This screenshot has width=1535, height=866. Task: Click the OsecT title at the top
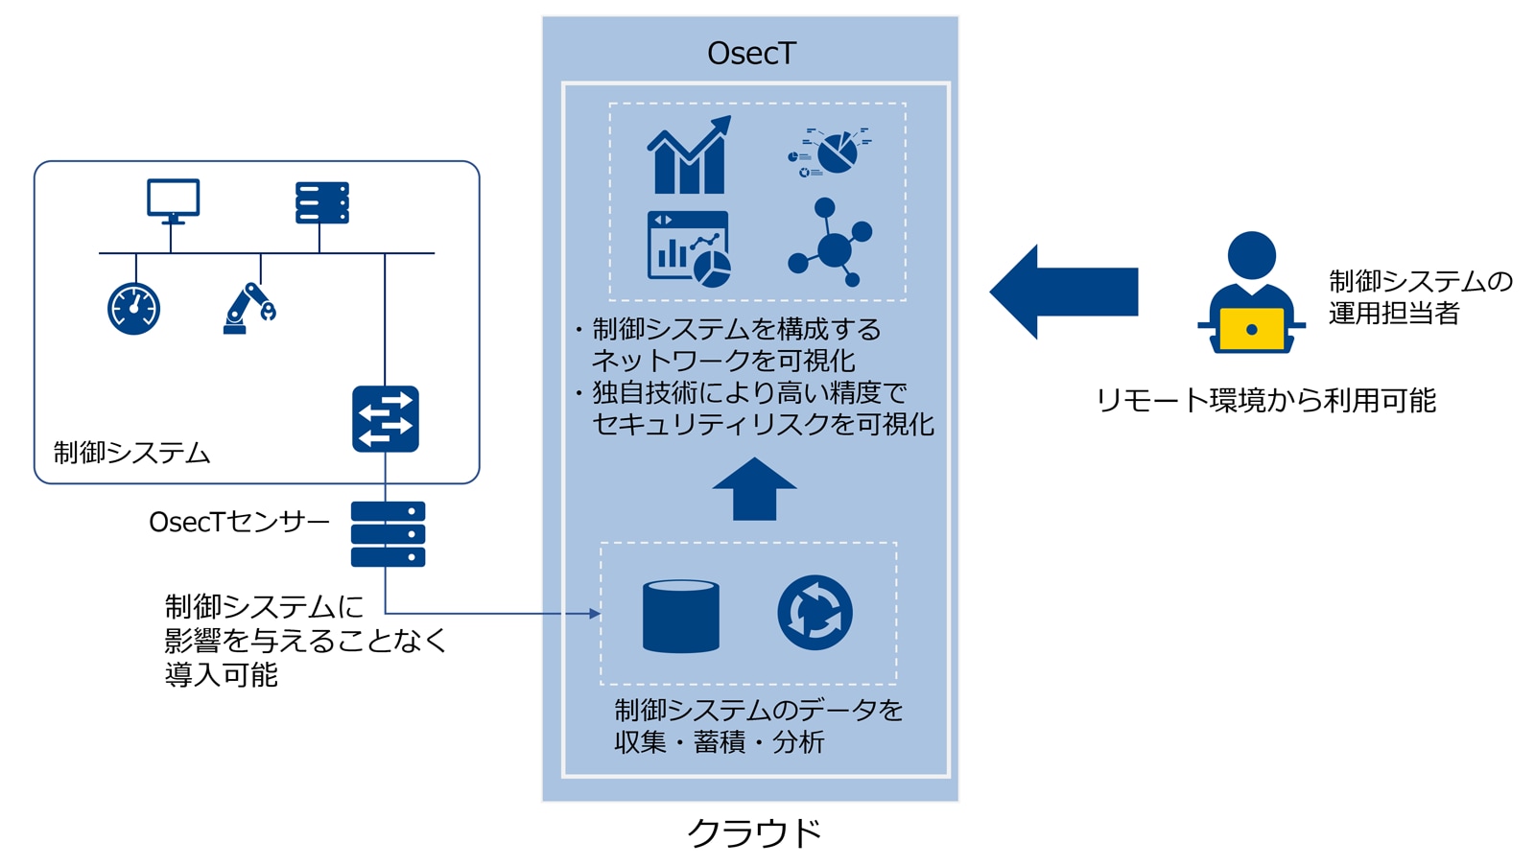pyautogui.click(x=751, y=53)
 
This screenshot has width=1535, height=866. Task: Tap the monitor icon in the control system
pyautogui.click(x=173, y=200)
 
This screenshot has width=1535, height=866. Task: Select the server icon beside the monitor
pyautogui.click(x=321, y=203)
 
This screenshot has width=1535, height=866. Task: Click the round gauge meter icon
pyautogui.click(x=133, y=309)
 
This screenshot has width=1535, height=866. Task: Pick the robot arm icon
pyautogui.click(x=248, y=309)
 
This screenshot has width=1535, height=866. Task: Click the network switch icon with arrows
pyautogui.click(x=386, y=419)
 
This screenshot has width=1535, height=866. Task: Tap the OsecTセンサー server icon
pyautogui.click(x=388, y=534)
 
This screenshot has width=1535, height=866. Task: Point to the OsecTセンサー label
pyautogui.click(x=239, y=522)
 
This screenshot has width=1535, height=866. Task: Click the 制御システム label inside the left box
pyautogui.click(x=131, y=453)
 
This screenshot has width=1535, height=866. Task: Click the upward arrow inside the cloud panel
pyautogui.click(x=754, y=489)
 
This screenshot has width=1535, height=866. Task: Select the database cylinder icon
pyautogui.click(x=680, y=616)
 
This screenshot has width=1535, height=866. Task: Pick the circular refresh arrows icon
pyautogui.click(x=815, y=613)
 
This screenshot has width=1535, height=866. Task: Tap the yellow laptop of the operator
pyautogui.click(x=1251, y=329)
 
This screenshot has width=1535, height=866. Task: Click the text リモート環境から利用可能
pyautogui.click(x=1265, y=400)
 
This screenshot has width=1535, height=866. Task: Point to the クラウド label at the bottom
pyautogui.click(x=755, y=832)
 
